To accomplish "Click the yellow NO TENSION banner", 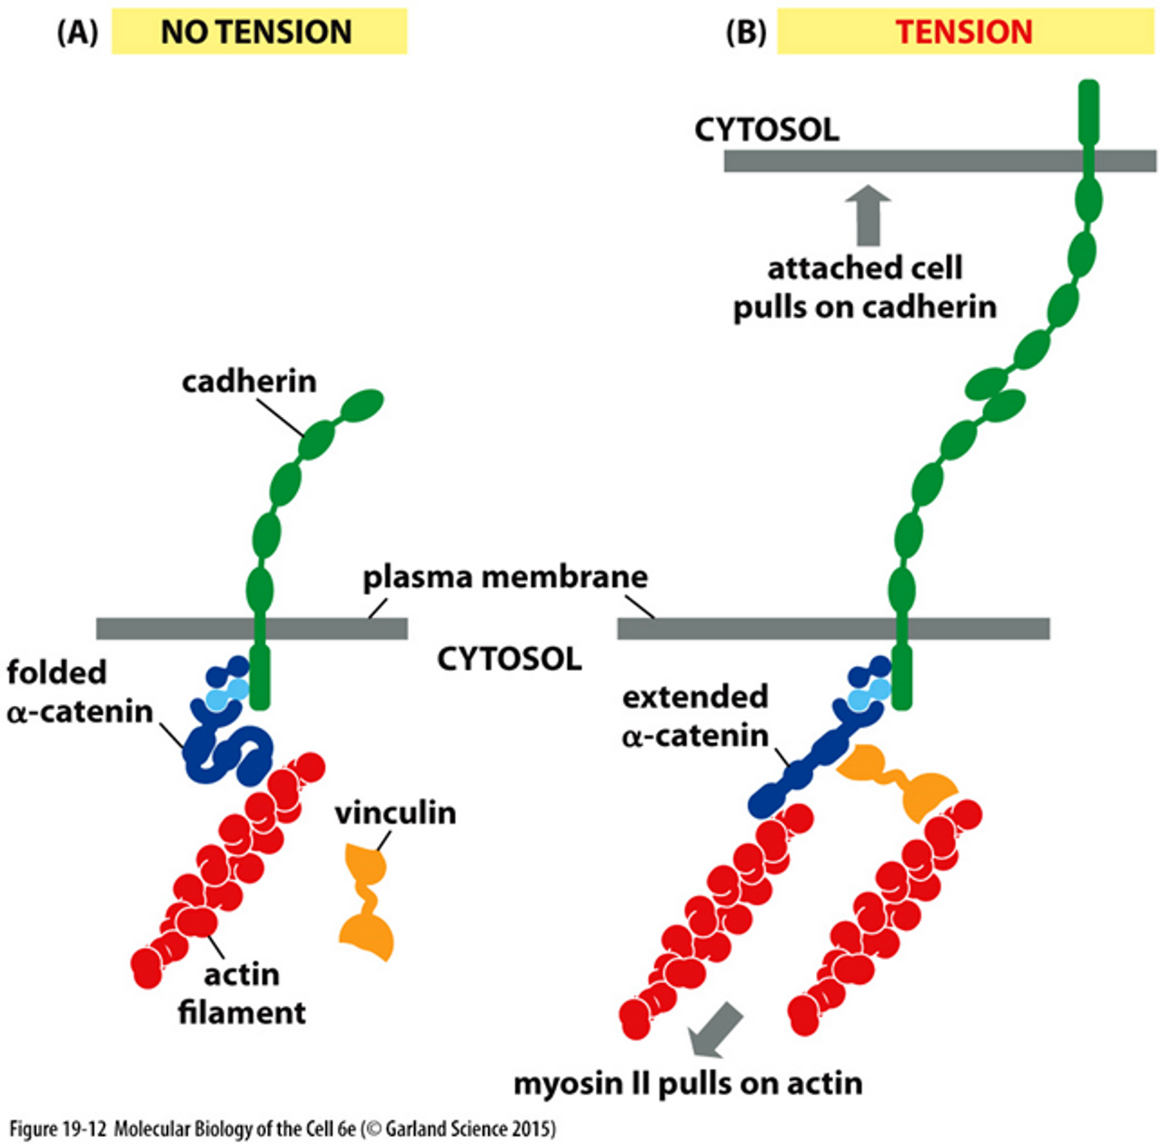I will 258,32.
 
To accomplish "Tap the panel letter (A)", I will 76,33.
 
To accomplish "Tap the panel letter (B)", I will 745,33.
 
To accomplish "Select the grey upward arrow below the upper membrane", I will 869,214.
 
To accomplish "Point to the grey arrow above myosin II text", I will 716,1030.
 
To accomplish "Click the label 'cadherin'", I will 249,381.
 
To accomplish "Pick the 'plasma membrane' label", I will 505,577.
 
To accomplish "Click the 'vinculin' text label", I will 395,812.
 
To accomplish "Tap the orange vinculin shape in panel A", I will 368,900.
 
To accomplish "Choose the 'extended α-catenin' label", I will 695,715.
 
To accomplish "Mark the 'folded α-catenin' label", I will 79,692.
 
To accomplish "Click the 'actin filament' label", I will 242,993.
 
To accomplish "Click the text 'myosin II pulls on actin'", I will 688,1083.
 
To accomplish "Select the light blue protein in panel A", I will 225,696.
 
